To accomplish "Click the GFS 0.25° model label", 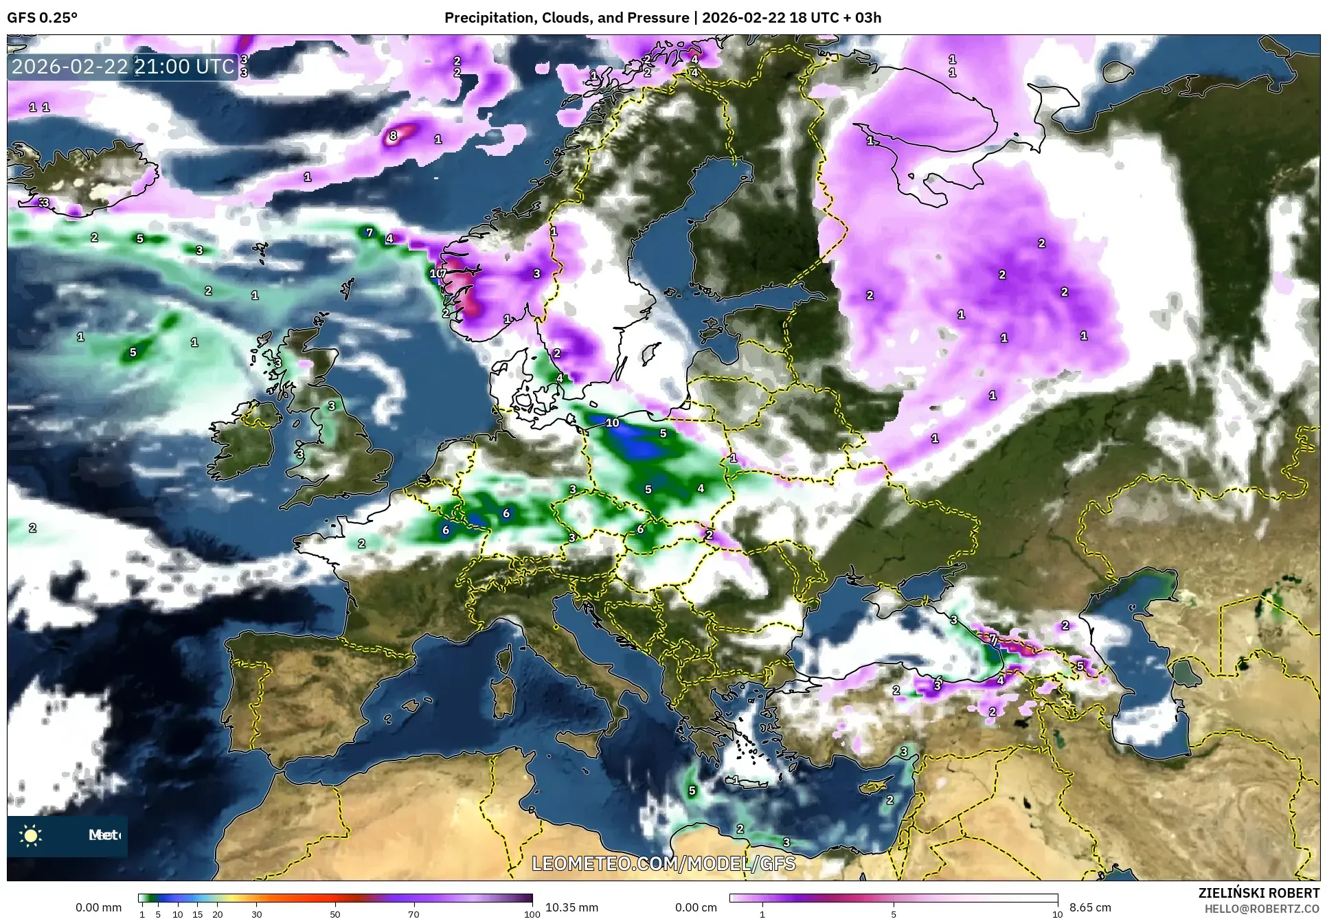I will coord(42,18).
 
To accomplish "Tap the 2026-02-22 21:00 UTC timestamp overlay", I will coord(123,67).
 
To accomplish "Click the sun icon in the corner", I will coord(31,836).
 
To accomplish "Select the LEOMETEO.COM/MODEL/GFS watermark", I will coord(663,863).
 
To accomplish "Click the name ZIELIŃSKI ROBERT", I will coord(1258,893).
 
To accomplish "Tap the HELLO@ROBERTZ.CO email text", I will coord(1262,909).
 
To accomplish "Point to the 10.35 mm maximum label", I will coord(571,907).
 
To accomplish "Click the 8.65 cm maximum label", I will coord(1090,907).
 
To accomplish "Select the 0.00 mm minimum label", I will coord(98,907).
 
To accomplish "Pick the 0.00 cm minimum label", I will coord(696,907).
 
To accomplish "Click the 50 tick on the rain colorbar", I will coord(335,914).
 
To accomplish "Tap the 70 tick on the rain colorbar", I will coord(413,914).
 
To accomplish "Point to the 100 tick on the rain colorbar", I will coord(532,914).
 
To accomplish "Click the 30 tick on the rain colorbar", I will coord(257,914).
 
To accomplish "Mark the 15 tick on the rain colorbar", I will coord(197,914).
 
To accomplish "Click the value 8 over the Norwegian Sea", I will coord(393,135).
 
